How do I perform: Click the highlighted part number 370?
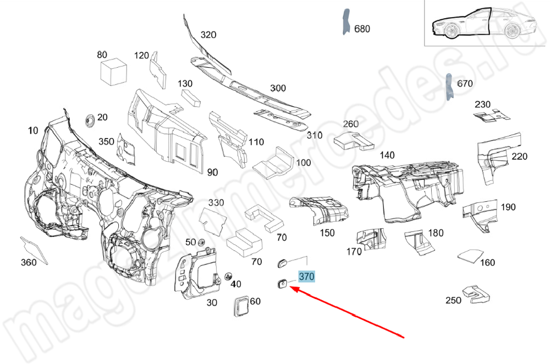pos(306,277)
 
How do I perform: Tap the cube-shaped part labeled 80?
pos(114,71)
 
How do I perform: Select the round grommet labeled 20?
pos(88,120)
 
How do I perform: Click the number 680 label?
pos(362,29)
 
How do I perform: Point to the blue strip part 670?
pos(449,86)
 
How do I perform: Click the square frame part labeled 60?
pos(240,306)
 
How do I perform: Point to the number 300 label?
pos(278,88)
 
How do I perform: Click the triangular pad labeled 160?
pos(469,255)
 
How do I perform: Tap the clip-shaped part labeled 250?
pos(475,294)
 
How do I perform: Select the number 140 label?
pos(387,156)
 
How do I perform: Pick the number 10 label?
pos(33,130)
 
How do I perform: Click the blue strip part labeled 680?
pos(345,22)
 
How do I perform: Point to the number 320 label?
pos(208,35)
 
